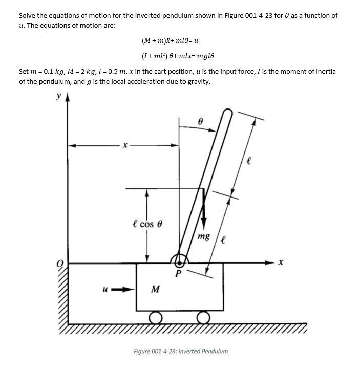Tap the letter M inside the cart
(154, 290)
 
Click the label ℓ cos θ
(147, 225)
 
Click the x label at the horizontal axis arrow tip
(281, 263)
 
